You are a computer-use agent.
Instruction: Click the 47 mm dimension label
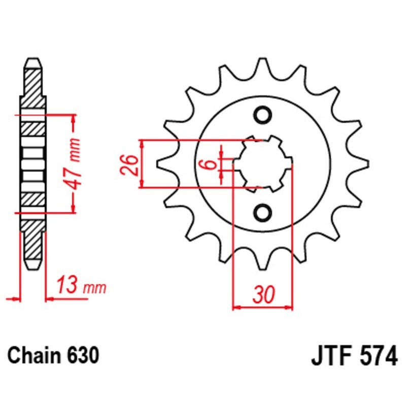tap(73, 164)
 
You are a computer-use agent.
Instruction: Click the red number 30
tap(263, 294)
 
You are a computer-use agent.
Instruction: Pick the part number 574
tap(379, 356)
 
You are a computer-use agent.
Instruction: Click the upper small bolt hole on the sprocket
tap(262, 115)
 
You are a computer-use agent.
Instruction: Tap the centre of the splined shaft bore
tap(262, 163)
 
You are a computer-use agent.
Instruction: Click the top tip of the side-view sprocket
tap(32, 59)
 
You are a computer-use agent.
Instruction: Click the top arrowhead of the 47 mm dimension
tap(74, 119)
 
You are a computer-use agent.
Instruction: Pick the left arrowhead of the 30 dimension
tap(236, 308)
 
